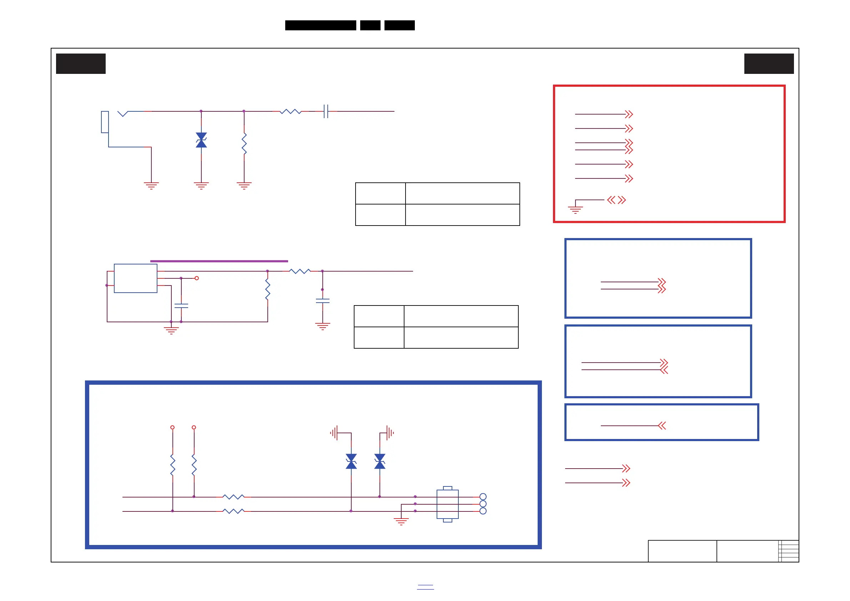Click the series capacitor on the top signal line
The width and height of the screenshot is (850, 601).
(326, 111)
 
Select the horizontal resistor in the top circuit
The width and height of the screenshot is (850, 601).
(291, 111)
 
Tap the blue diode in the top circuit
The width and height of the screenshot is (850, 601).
(201, 140)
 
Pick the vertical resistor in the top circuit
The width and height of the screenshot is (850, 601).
(244, 144)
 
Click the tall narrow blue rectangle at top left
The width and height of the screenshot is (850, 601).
(105, 122)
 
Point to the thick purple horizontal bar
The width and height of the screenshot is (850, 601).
(219, 261)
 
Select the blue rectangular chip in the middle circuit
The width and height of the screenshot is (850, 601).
(136, 278)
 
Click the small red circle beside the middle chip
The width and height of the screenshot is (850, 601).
(197, 278)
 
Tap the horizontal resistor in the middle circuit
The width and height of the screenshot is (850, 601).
(300, 271)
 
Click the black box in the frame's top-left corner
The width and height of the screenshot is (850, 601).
(81, 64)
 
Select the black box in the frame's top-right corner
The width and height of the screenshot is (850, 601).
(769, 64)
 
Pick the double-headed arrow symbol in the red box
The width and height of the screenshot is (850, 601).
(617, 200)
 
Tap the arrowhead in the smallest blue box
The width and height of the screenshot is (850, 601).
(662, 426)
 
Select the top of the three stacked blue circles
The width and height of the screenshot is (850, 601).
(483, 497)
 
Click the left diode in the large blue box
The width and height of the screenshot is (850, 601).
(351, 461)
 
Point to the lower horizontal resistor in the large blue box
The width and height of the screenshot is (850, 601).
(233, 511)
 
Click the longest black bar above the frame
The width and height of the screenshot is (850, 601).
(321, 25)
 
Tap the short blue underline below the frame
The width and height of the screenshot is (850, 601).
(426, 587)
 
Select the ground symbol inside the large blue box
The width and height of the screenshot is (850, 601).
(401, 521)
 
